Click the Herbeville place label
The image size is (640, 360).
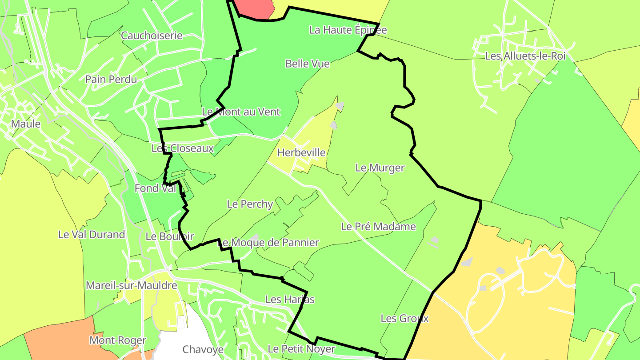pyautogui.click(x=301, y=153)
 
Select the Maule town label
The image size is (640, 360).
pyautogui.click(x=26, y=124)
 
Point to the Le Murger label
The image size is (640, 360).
pyautogui.click(x=380, y=168)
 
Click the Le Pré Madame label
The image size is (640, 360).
pyautogui.click(x=378, y=227)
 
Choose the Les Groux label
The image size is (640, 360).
pyautogui.click(x=404, y=319)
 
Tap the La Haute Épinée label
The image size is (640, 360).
pyautogui.click(x=348, y=30)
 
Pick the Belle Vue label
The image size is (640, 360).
pyautogui.click(x=308, y=64)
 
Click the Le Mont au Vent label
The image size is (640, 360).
pyautogui.click(x=241, y=112)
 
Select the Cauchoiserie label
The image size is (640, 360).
pyautogui.click(x=152, y=36)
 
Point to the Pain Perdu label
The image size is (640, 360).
pyautogui.click(x=111, y=80)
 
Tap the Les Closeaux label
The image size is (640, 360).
pyautogui.click(x=183, y=148)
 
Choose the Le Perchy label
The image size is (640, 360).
pyautogui.click(x=250, y=204)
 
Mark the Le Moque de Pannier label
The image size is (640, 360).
pyautogui.click(x=268, y=243)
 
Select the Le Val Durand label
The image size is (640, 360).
pyautogui.click(x=92, y=235)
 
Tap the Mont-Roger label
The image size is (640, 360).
pyautogui.click(x=118, y=341)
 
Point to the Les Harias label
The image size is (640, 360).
pyautogui.click(x=290, y=300)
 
